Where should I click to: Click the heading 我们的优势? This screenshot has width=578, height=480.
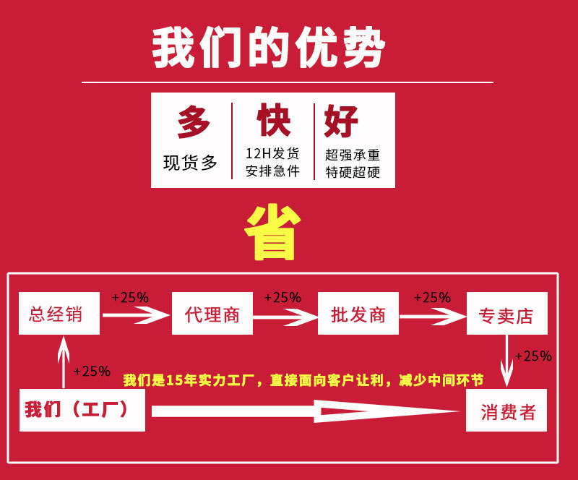(269, 49)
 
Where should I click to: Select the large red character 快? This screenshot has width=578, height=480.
(273, 121)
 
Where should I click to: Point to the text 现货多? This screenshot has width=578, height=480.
(190, 163)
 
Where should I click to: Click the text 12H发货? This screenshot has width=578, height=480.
(272, 153)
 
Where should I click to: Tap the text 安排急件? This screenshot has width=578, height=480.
(272, 171)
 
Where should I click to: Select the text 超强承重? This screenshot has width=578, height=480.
(353, 154)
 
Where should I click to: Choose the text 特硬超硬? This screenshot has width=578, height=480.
(353, 172)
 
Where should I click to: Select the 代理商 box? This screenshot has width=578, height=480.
(212, 314)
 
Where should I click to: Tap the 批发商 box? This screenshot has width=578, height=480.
(358, 314)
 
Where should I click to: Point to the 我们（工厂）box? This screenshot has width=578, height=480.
(82, 410)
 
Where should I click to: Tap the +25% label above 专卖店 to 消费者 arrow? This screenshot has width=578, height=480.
(534, 356)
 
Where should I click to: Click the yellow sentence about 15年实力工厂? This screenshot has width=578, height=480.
(303, 380)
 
